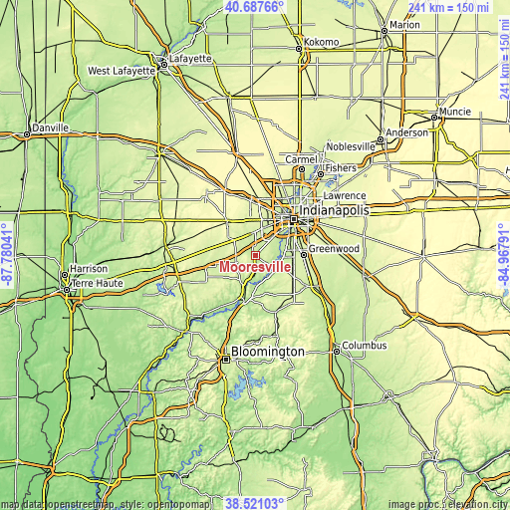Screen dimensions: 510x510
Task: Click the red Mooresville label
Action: (x=249, y=267)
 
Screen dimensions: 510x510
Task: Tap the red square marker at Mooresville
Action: (x=255, y=256)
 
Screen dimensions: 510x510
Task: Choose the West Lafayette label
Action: (x=121, y=71)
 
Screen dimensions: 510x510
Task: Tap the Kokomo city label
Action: (x=321, y=42)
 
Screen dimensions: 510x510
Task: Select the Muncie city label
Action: (x=455, y=111)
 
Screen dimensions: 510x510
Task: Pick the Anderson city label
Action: (x=406, y=132)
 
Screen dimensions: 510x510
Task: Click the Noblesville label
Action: (x=351, y=146)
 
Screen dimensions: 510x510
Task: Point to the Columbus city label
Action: (x=364, y=347)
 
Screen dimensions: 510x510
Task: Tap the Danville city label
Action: (x=50, y=127)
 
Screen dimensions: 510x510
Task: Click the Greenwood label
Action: (x=333, y=248)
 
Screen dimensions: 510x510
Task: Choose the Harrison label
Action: (x=88, y=269)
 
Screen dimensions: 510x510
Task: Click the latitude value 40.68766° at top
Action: (x=255, y=7)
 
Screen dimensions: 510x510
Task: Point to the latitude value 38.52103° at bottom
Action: (x=255, y=503)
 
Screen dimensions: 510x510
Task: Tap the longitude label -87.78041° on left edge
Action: (x=7, y=255)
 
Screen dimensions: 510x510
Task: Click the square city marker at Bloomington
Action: (x=226, y=362)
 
